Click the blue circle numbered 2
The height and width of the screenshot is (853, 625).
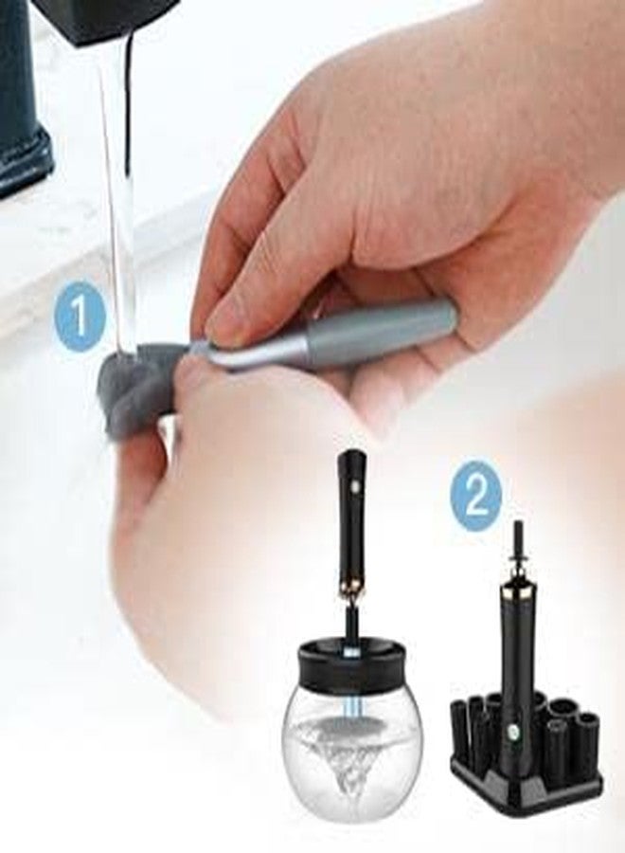click(x=476, y=499)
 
